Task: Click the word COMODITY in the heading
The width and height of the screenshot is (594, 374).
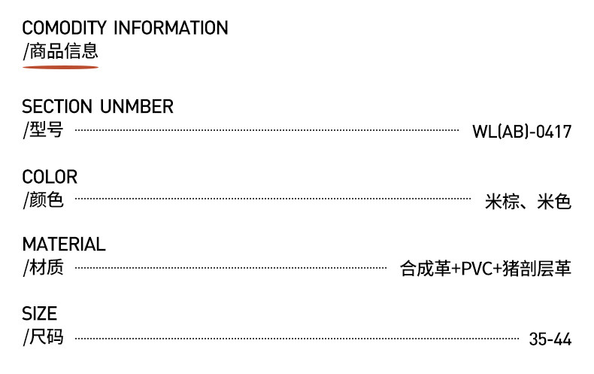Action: coord(65,29)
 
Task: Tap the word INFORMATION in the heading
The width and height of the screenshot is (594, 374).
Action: coord(171,29)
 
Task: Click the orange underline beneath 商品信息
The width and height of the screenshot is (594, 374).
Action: coord(60,67)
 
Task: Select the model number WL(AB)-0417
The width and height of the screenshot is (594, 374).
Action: coord(522,132)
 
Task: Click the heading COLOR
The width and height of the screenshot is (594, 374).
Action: coord(50,178)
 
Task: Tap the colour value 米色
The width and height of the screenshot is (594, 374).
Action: coord(554,202)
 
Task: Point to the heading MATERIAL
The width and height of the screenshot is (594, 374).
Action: coord(64,245)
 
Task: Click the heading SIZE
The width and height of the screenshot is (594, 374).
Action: coord(39,313)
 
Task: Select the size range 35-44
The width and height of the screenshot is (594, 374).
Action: coord(550,339)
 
